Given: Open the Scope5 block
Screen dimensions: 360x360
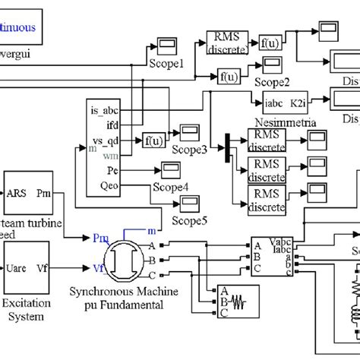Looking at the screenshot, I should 188,202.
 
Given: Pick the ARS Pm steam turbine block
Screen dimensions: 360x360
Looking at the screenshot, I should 27,193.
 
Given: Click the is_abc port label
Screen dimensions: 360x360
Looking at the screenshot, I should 108,111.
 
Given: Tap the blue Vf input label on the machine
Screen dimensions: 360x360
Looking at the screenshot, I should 100,268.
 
